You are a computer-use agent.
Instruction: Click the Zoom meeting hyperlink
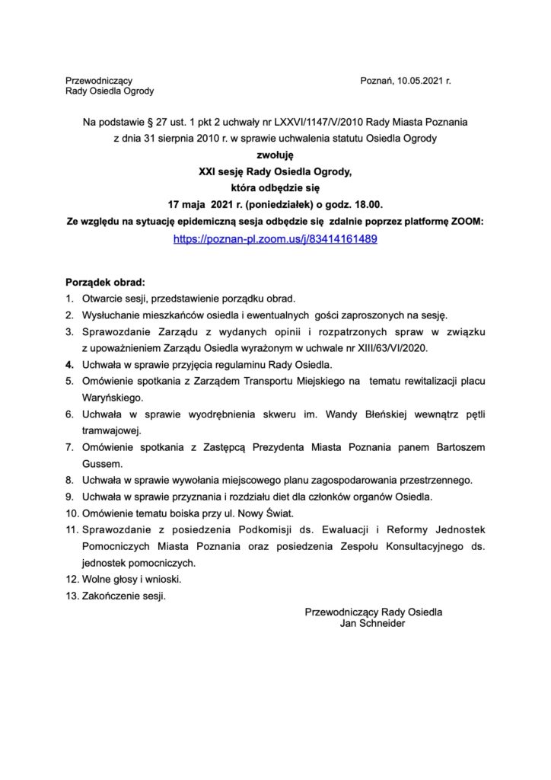tap(275, 238)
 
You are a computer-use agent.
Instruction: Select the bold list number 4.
tap(68, 364)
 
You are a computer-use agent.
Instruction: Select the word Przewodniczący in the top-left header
tap(100, 80)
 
